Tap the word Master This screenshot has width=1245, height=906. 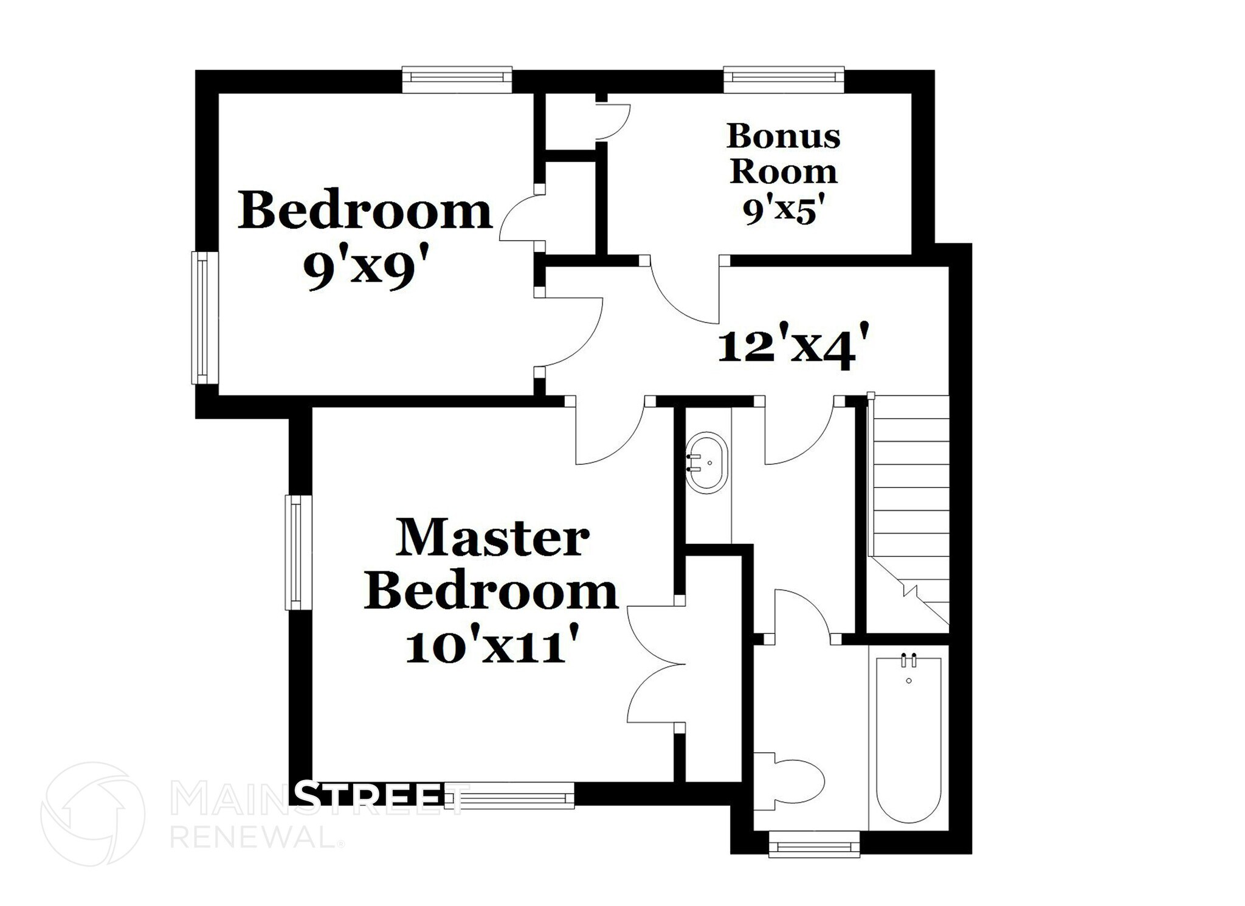tap(492, 538)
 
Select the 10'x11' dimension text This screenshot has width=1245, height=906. tap(491, 647)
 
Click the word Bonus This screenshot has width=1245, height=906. tap(783, 136)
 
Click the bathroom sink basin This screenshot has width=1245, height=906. tap(706, 462)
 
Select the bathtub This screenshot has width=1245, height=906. tap(908, 739)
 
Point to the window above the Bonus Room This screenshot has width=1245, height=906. tap(784, 78)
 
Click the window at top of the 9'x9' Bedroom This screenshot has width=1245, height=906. tap(457, 78)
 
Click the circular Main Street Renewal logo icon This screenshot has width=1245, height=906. tap(93, 814)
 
